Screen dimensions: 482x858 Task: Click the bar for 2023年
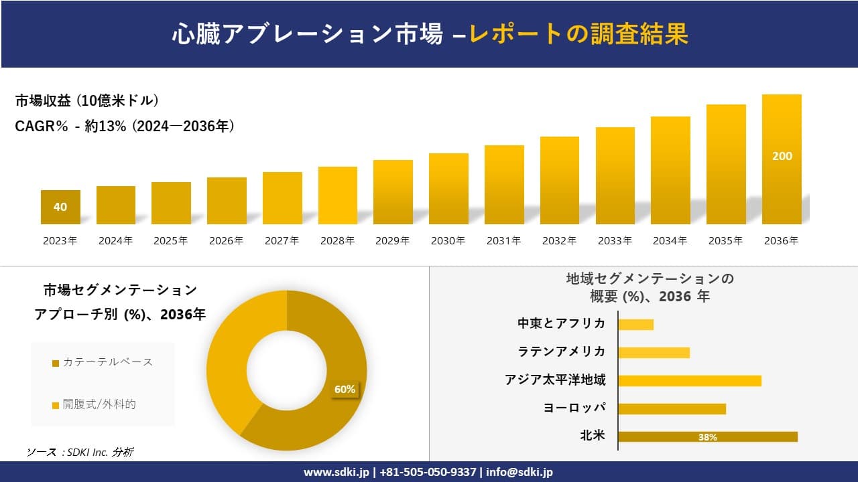click(x=60, y=208)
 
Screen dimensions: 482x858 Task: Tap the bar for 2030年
click(x=448, y=189)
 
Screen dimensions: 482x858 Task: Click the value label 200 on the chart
click(x=782, y=156)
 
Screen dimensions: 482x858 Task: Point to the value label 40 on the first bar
click(x=60, y=207)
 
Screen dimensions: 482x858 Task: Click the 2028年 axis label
click(x=338, y=241)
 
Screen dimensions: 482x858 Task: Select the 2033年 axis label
click(x=615, y=241)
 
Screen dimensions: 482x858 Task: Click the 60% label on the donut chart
click(x=345, y=390)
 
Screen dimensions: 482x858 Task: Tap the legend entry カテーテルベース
click(x=103, y=362)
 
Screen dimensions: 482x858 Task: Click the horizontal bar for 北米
click(x=707, y=436)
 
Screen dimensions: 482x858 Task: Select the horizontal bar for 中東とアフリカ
click(x=635, y=325)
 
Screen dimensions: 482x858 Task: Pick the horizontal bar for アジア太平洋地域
click(x=689, y=381)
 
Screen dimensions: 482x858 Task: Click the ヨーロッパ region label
click(x=574, y=408)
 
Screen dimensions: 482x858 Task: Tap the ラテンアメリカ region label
click(x=561, y=352)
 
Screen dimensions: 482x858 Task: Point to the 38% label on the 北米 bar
click(x=707, y=437)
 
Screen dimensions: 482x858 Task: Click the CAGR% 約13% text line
click(x=125, y=127)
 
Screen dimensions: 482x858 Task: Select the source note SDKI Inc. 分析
click(x=80, y=453)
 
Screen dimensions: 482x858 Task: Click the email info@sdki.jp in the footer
click(x=519, y=472)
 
